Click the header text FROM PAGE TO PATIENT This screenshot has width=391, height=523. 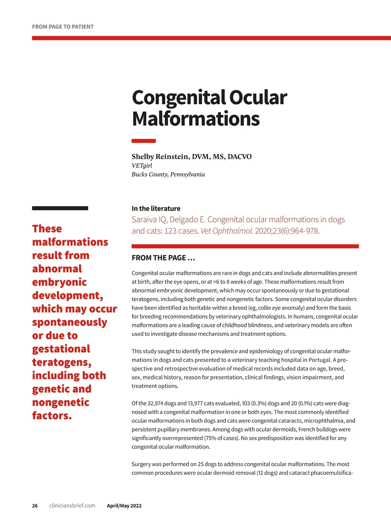pos(63,27)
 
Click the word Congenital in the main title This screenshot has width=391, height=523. pos(179,97)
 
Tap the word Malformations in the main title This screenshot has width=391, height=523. pos(195,119)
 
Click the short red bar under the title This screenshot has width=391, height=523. pos(143,141)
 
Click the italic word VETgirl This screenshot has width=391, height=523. pos(142,165)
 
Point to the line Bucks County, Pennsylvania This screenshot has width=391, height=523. pos(168,174)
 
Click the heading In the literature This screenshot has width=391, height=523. pos(156,208)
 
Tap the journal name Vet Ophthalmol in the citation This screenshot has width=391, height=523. pos(226,231)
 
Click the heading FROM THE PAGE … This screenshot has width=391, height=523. pos(163,258)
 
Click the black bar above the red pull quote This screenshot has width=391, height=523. pos(60,208)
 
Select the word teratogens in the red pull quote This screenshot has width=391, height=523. pos(62,362)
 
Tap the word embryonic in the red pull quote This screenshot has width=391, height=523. pos(59,282)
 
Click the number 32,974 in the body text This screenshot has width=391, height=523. pos(157,403)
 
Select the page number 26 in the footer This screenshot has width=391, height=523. pos(35,506)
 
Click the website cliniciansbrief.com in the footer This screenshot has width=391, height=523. pos(72,506)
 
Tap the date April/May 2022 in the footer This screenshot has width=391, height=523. pos(124,506)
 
